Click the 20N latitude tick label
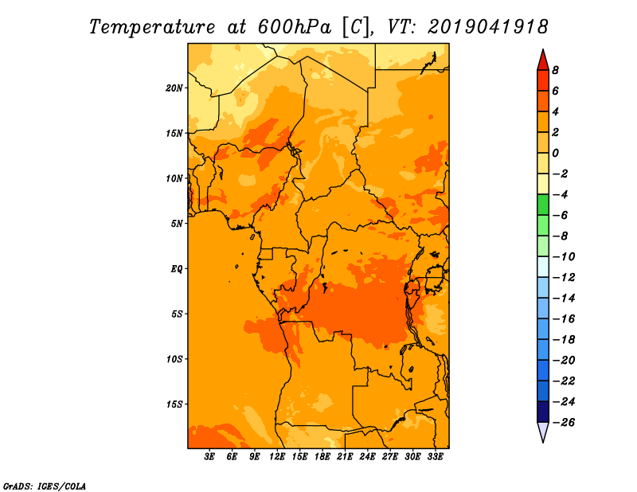tap(174, 88)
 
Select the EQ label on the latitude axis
tap(176, 269)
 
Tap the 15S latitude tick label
tap(174, 404)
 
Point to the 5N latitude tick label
tap(177, 224)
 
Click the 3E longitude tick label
tap(209, 457)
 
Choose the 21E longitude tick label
tap(345, 457)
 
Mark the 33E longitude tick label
tap(435, 457)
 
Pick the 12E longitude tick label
tap(276, 457)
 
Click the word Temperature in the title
tap(152, 27)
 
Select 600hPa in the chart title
tap(294, 27)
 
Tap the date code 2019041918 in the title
tap(488, 27)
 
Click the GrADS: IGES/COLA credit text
tap(45, 486)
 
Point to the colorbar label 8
tap(555, 70)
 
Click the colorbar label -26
tap(564, 423)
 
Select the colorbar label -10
tap(564, 257)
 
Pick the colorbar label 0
tap(555, 153)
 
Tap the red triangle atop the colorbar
tap(543, 61)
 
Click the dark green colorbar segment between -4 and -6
tap(543, 205)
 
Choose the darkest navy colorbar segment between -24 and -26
tap(543, 412)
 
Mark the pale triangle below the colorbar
tap(543, 431)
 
